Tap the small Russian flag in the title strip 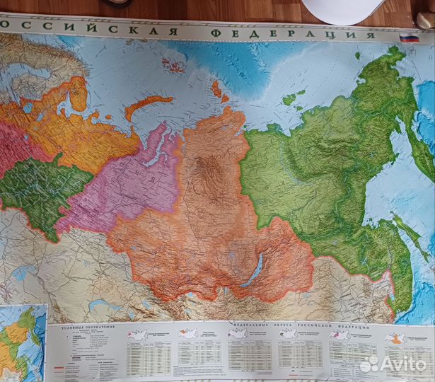click(409, 37)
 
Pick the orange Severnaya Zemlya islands click(219, 91)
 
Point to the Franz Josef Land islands click(173, 66)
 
